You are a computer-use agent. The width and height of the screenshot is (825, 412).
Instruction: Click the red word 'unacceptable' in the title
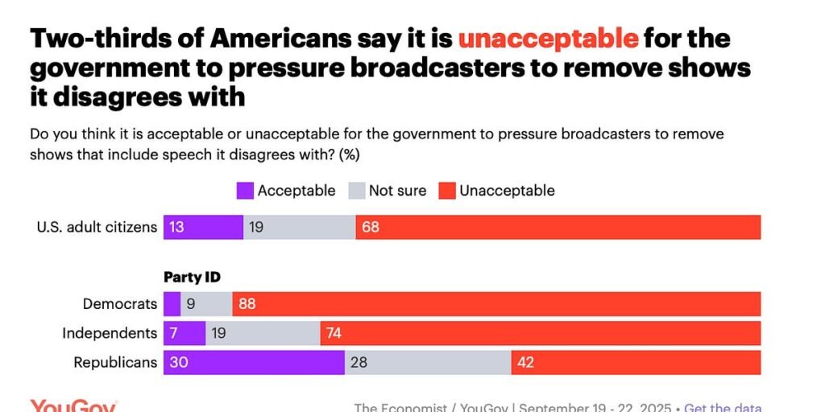point(548,38)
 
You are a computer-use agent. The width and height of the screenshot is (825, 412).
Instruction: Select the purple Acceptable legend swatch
point(245,191)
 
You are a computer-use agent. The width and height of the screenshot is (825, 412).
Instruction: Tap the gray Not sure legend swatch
point(356,191)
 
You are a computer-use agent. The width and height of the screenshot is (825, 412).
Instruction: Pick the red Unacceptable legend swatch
point(447,191)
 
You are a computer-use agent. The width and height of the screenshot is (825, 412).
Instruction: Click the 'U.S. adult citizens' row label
point(97,227)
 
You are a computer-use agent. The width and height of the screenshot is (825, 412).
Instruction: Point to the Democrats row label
point(120,303)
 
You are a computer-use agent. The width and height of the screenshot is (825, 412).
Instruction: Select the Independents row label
point(110,332)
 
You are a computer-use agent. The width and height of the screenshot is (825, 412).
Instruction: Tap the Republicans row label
point(115,362)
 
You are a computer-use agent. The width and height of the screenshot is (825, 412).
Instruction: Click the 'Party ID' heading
point(193,277)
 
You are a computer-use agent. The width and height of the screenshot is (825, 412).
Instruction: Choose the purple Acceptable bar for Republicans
point(254,362)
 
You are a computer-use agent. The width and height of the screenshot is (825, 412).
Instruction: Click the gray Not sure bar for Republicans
point(428,362)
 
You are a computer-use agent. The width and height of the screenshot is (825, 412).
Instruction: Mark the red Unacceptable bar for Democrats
point(496,303)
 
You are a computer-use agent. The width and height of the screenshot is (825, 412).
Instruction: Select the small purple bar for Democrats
point(172,303)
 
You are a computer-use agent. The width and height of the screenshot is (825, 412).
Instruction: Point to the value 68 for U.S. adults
point(371,227)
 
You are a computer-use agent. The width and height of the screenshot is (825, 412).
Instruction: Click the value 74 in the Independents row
point(334,332)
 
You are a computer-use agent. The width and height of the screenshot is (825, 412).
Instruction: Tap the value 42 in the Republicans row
point(525,362)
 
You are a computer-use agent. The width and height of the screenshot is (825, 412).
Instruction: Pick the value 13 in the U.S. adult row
point(176,227)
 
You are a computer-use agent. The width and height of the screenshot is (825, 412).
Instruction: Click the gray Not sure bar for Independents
point(263,332)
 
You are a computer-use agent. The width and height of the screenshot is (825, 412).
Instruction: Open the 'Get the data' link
point(723,407)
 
